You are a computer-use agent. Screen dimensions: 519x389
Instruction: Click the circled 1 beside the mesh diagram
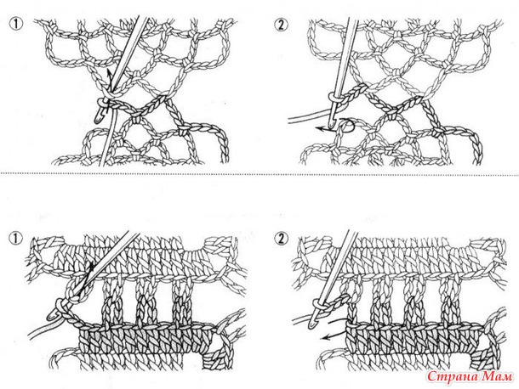pyautogui.click(x=16, y=25)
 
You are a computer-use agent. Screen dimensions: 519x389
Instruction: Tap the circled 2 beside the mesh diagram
pyautogui.click(x=281, y=25)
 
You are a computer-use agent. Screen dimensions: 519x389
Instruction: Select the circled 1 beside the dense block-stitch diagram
pyautogui.click(x=16, y=239)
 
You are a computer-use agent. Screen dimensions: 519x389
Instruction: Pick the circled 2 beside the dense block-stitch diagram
pyautogui.click(x=281, y=239)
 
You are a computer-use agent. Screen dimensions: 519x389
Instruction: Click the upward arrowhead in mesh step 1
pyautogui.click(x=108, y=71)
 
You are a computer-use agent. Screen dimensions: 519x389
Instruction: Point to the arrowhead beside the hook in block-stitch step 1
pyautogui.click(x=90, y=265)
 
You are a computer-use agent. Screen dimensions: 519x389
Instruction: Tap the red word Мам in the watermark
pyautogui.click(x=498, y=376)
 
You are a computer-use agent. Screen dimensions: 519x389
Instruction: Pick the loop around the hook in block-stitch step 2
pyautogui.click(x=317, y=302)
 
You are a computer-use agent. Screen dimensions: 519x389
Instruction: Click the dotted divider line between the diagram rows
pyautogui.click(x=259, y=173)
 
